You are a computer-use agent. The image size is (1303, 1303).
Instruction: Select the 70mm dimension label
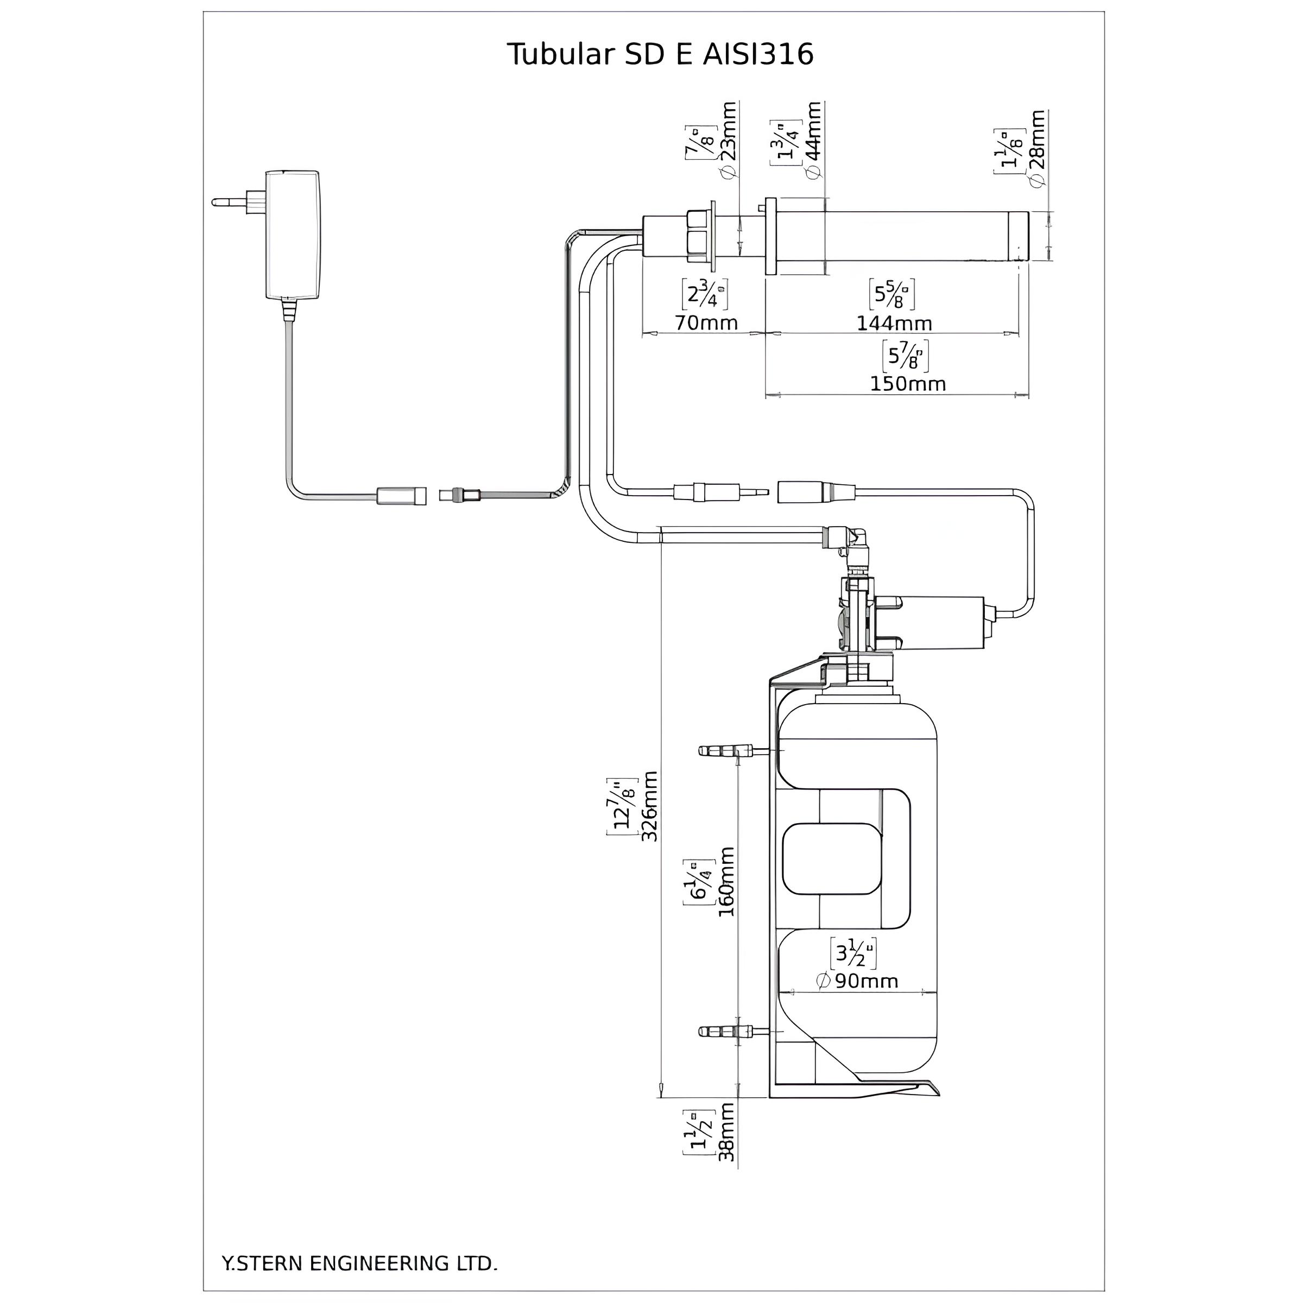click(706, 323)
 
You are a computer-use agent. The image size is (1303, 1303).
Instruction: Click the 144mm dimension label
click(894, 323)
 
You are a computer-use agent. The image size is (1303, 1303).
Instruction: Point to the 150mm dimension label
click(907, 384)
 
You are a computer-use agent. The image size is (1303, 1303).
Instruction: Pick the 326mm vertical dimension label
click(649, 805)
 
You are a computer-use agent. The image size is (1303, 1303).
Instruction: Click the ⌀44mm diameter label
click(814, 140)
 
